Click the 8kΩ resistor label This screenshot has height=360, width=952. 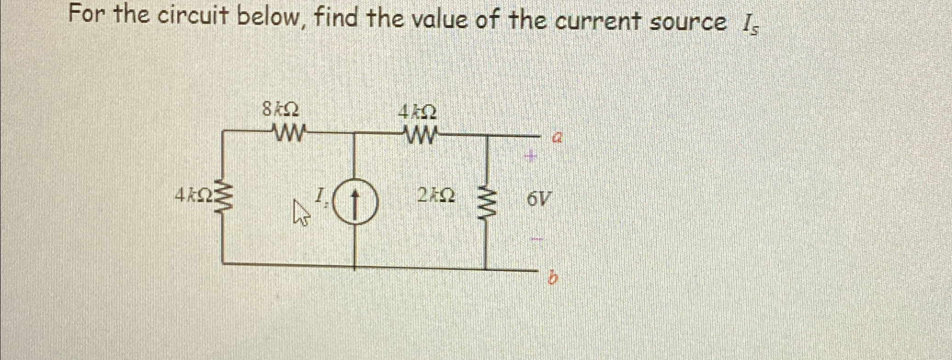[x=280, y=110]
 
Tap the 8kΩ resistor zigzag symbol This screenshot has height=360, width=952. [x=289, y=135]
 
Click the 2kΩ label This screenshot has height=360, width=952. [x=436, y=197]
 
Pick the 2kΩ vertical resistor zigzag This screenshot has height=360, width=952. [x=488, y=203]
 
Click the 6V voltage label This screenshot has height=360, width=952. [x=538, y=200]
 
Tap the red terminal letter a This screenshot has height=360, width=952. [x=557, y=137]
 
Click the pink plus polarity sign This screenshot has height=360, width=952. [x=530, y=157]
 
